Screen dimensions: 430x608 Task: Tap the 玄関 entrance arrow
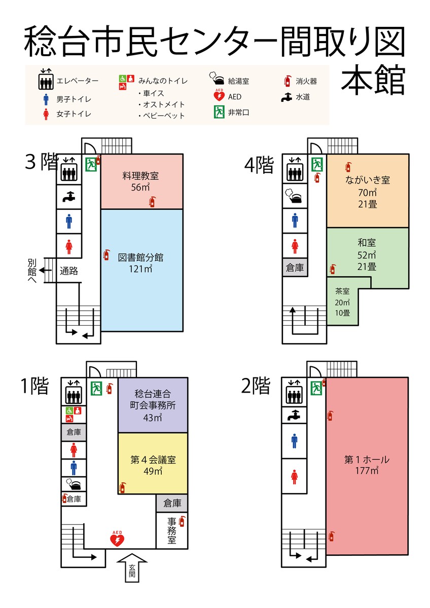pos(132,567)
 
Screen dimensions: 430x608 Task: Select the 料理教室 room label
pos(140,176)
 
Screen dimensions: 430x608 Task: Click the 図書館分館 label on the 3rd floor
pos(140,257)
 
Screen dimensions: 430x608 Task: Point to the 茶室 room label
pos(342,291)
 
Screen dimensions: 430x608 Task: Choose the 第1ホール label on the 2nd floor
pos(367,460)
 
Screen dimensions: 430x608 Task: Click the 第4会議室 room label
pos(153,460)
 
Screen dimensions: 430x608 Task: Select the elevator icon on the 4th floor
pos(295,169)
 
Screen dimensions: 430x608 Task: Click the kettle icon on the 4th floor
pos(294,196)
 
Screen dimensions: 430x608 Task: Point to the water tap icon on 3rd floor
pos(69,197)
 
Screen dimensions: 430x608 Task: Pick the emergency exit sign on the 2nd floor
pos(316,388)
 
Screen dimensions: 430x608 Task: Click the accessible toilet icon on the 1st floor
pos(74,414)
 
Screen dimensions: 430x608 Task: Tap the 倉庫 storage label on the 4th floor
pos(295,268)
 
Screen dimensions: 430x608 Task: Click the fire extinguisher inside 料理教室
pos(152,202)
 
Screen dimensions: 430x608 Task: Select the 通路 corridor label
pos(69,271)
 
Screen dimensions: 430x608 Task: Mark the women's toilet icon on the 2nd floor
pos(294,477)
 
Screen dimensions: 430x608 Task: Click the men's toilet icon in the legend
pos(46,99)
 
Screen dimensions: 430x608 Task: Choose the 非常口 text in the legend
pos(238,112)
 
